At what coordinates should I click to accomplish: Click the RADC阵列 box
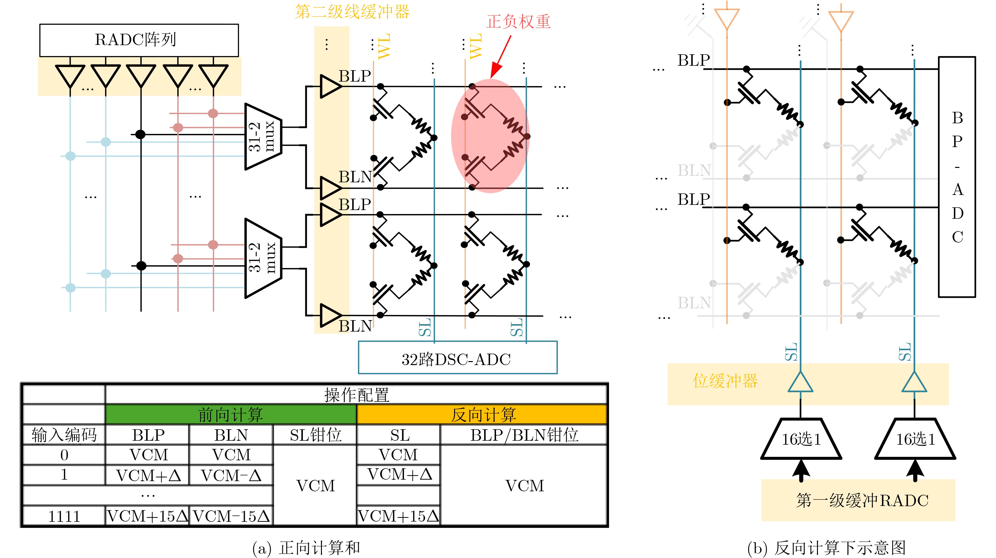tap(139, 40)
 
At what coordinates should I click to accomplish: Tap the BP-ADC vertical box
tap(957, 177)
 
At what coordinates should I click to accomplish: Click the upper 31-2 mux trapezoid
tap(263, 136)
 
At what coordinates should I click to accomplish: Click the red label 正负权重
tap(518, 22)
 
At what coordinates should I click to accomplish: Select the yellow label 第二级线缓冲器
tap(352, 12)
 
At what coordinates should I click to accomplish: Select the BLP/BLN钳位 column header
tap(524, 435)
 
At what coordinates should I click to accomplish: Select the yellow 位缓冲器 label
tap(725, 381)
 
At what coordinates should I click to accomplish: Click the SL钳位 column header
tap(315, 435)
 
